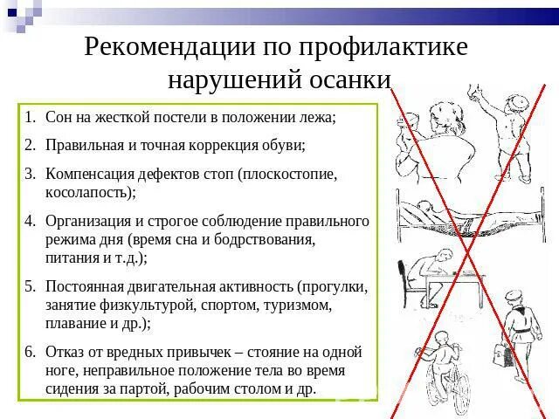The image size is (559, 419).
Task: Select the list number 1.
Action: point(29,117)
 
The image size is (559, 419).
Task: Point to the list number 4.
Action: point(29,221)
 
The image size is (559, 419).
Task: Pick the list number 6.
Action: point(29,353)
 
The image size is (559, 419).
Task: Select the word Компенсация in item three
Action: point(93,175)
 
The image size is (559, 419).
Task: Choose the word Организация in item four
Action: point(91,221)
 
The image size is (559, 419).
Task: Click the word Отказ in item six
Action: point(67,353)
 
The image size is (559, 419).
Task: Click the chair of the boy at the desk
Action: point(410,301)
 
